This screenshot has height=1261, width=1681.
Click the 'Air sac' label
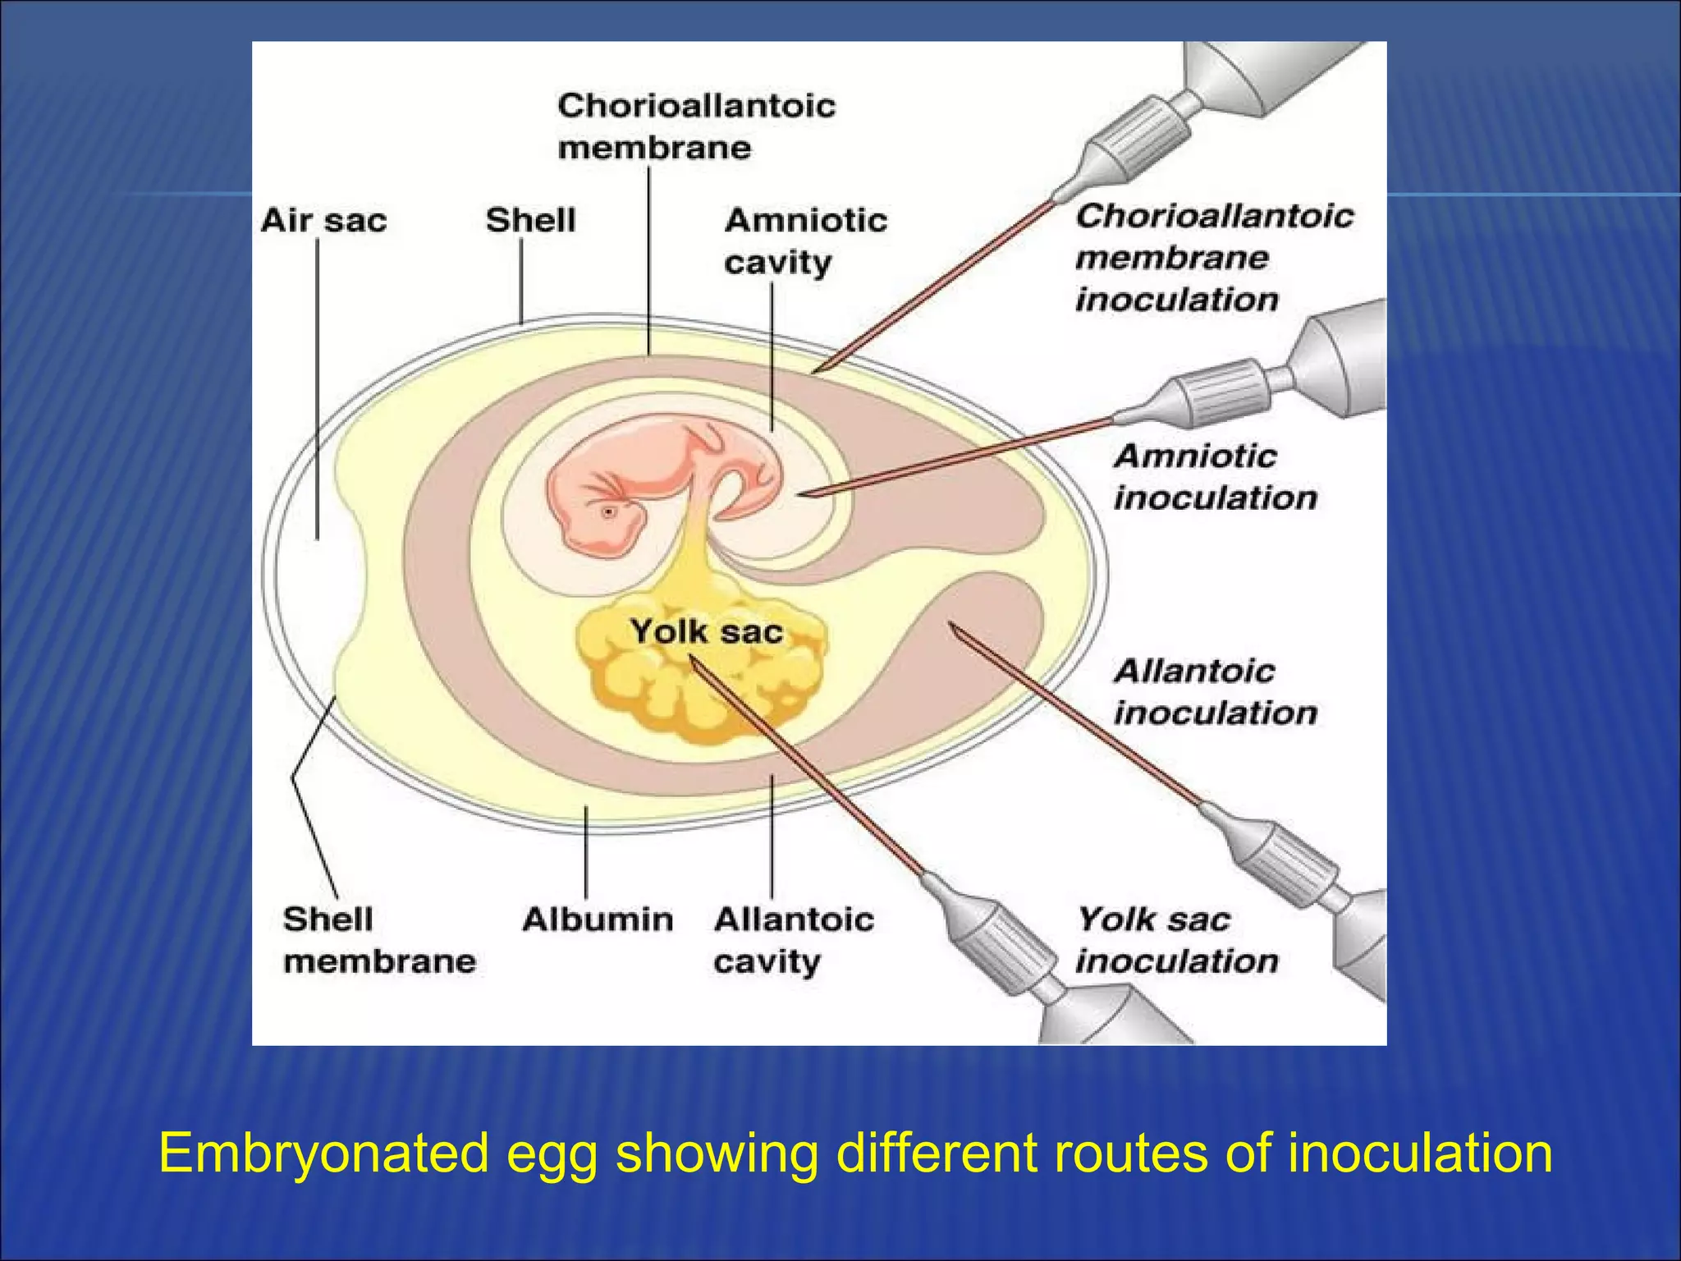click(x=323, y=220)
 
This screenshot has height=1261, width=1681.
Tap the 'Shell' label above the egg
click(x=530, y=220)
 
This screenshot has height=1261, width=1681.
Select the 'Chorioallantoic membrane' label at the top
click(x=696, y=126)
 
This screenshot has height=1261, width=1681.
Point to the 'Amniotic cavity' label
click(x=804, y=241)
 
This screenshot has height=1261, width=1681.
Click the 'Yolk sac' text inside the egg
click(x=706, y=631)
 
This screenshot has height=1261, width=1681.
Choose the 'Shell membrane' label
click(x=379, y=940)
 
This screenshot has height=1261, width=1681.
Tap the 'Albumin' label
click(x=598, y=919)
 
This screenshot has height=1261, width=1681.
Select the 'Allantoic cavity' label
click(x=793, y=940)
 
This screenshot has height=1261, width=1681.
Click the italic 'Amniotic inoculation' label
click(x=1215, y=477)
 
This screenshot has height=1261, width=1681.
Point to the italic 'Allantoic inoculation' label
click(x=1215, y=692)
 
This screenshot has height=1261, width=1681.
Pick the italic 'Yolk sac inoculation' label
click(x=1177, y=940)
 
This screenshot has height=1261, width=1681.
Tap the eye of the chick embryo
click(x=608, y=512)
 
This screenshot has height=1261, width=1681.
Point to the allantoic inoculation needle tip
click(x=950, y=625)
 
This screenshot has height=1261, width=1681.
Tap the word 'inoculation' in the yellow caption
click(x=1419, y=1153)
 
